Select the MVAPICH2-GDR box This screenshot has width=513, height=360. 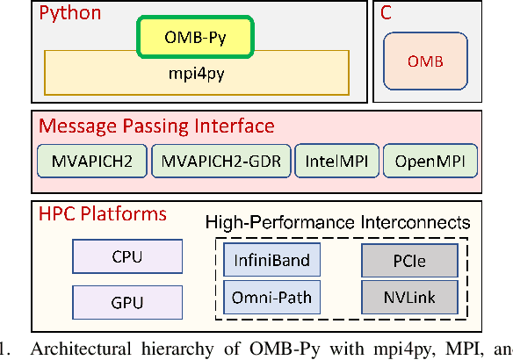point(219,162)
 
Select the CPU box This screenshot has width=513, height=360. point(126,258)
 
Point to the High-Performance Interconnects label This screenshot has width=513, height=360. point(338,223)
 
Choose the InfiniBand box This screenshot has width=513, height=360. point(271,260)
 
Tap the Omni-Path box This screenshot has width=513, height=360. point(271,296)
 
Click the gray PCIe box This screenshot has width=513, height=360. point(409,260)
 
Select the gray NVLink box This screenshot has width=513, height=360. point(409,296)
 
